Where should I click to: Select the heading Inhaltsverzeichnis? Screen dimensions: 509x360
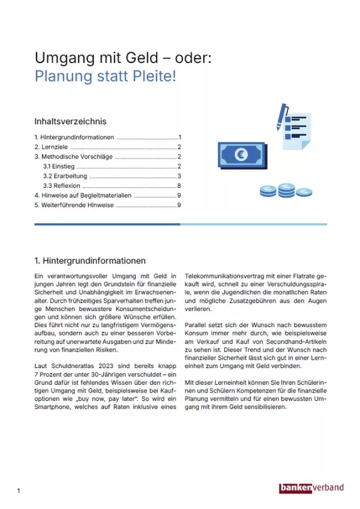click(x=70, y=121)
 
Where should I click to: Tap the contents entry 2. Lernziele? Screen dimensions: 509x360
click(x=52, y=146)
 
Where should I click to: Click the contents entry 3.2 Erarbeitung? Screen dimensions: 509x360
click(x=65, y=176)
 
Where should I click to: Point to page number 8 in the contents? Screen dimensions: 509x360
click(x=179, y=186)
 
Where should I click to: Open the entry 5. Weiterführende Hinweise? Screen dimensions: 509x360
click(x=74, y=205)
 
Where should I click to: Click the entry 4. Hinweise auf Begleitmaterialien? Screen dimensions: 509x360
click(x=83, y=196)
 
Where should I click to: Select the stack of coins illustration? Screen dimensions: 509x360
click(x=286, y=191)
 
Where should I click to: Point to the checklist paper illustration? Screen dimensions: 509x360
click(x=297, y=131)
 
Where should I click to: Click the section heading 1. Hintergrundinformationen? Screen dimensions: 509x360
click(x=90, y=261)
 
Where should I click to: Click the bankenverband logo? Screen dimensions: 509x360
click(x=311, y=488)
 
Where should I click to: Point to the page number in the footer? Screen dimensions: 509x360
click(x=19, y=491)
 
